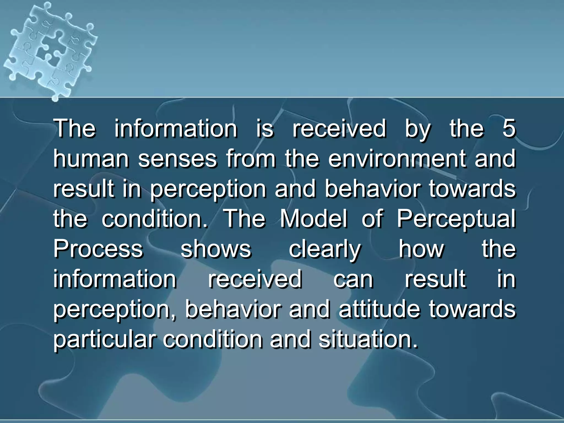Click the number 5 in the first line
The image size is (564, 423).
click(x=509, y=128)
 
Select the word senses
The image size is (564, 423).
click(x=177, y=159)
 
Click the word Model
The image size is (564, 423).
click(x=314, y=219)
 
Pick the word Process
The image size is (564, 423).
click(x=98, y=249)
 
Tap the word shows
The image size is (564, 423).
click(x=216, y=249)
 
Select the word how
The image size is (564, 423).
click(x=421, y=249)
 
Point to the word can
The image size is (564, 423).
click(x=353, y=279)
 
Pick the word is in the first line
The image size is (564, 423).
click(x=265, y=128)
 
